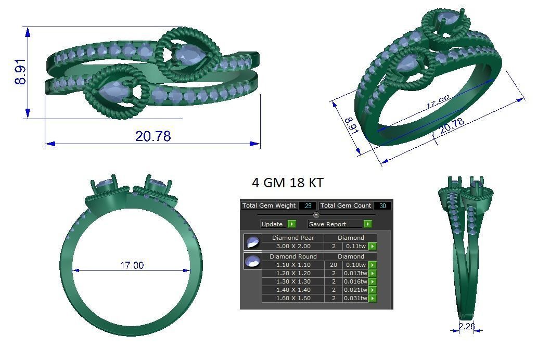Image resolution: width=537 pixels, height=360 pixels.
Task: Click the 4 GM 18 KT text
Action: pos(287,183)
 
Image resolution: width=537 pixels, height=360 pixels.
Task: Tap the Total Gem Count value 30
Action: pos(382,206)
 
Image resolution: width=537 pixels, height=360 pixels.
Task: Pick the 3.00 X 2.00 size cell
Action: pos(293,246)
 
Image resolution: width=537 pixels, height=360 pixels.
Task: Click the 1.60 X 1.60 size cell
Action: pos(293,298)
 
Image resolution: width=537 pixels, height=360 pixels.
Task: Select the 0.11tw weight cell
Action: pos(355,246)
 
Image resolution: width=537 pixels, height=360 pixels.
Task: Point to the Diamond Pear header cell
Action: pos(293,238)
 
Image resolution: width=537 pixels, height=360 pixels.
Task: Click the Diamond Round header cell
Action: pos(293,256)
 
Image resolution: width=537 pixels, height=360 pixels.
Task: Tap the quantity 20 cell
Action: pos(333,265)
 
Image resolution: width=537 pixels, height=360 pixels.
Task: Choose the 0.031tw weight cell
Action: pos(355,298)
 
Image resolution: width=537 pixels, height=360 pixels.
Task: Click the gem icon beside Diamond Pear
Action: pos(252,242)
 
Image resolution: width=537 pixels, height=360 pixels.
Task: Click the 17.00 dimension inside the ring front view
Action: pos(132,265)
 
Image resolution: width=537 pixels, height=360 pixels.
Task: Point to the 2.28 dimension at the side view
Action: pos(467,327)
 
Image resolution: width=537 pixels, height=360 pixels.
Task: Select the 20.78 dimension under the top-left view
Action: pos(153,136)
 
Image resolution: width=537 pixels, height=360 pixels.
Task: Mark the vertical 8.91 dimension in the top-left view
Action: pos(20,72)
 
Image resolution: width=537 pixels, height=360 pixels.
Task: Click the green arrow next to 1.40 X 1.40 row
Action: pos(373,290)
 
